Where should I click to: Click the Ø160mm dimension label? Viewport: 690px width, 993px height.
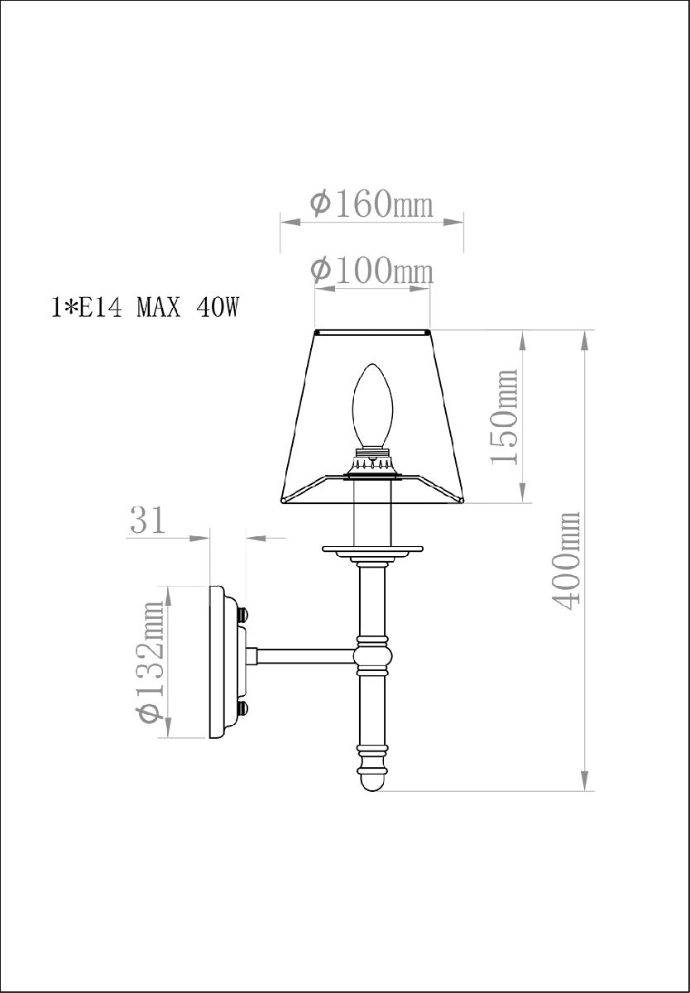pos(371,203)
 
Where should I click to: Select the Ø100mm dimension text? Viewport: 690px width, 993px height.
pos(371,270)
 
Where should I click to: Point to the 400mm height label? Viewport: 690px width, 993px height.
pos(567,560)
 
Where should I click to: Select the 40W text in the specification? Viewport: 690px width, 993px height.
pos(218,309)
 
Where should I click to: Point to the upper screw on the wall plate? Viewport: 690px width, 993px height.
pos(243,615)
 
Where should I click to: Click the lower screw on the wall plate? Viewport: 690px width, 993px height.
pos(243,708)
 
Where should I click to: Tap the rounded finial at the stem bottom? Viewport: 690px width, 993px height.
pos(371,778)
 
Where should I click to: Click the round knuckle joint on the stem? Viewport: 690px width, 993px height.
pos(371,656)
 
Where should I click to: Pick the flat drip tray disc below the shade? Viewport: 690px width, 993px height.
pos(371,549)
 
